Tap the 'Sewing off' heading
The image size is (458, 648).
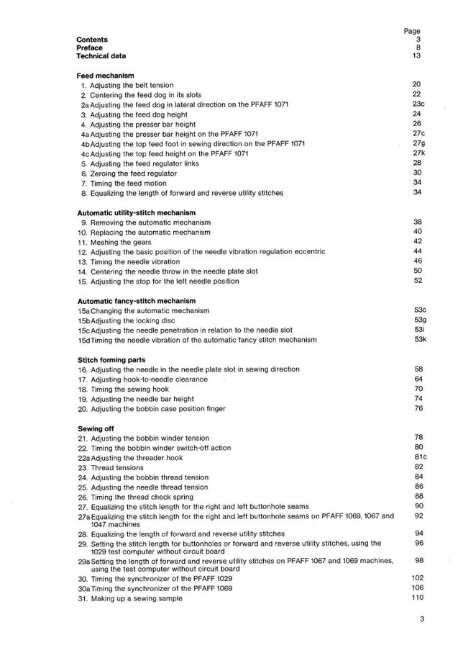point(96,428)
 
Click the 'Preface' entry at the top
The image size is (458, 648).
point(89,48)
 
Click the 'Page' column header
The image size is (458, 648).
point(412,32)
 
